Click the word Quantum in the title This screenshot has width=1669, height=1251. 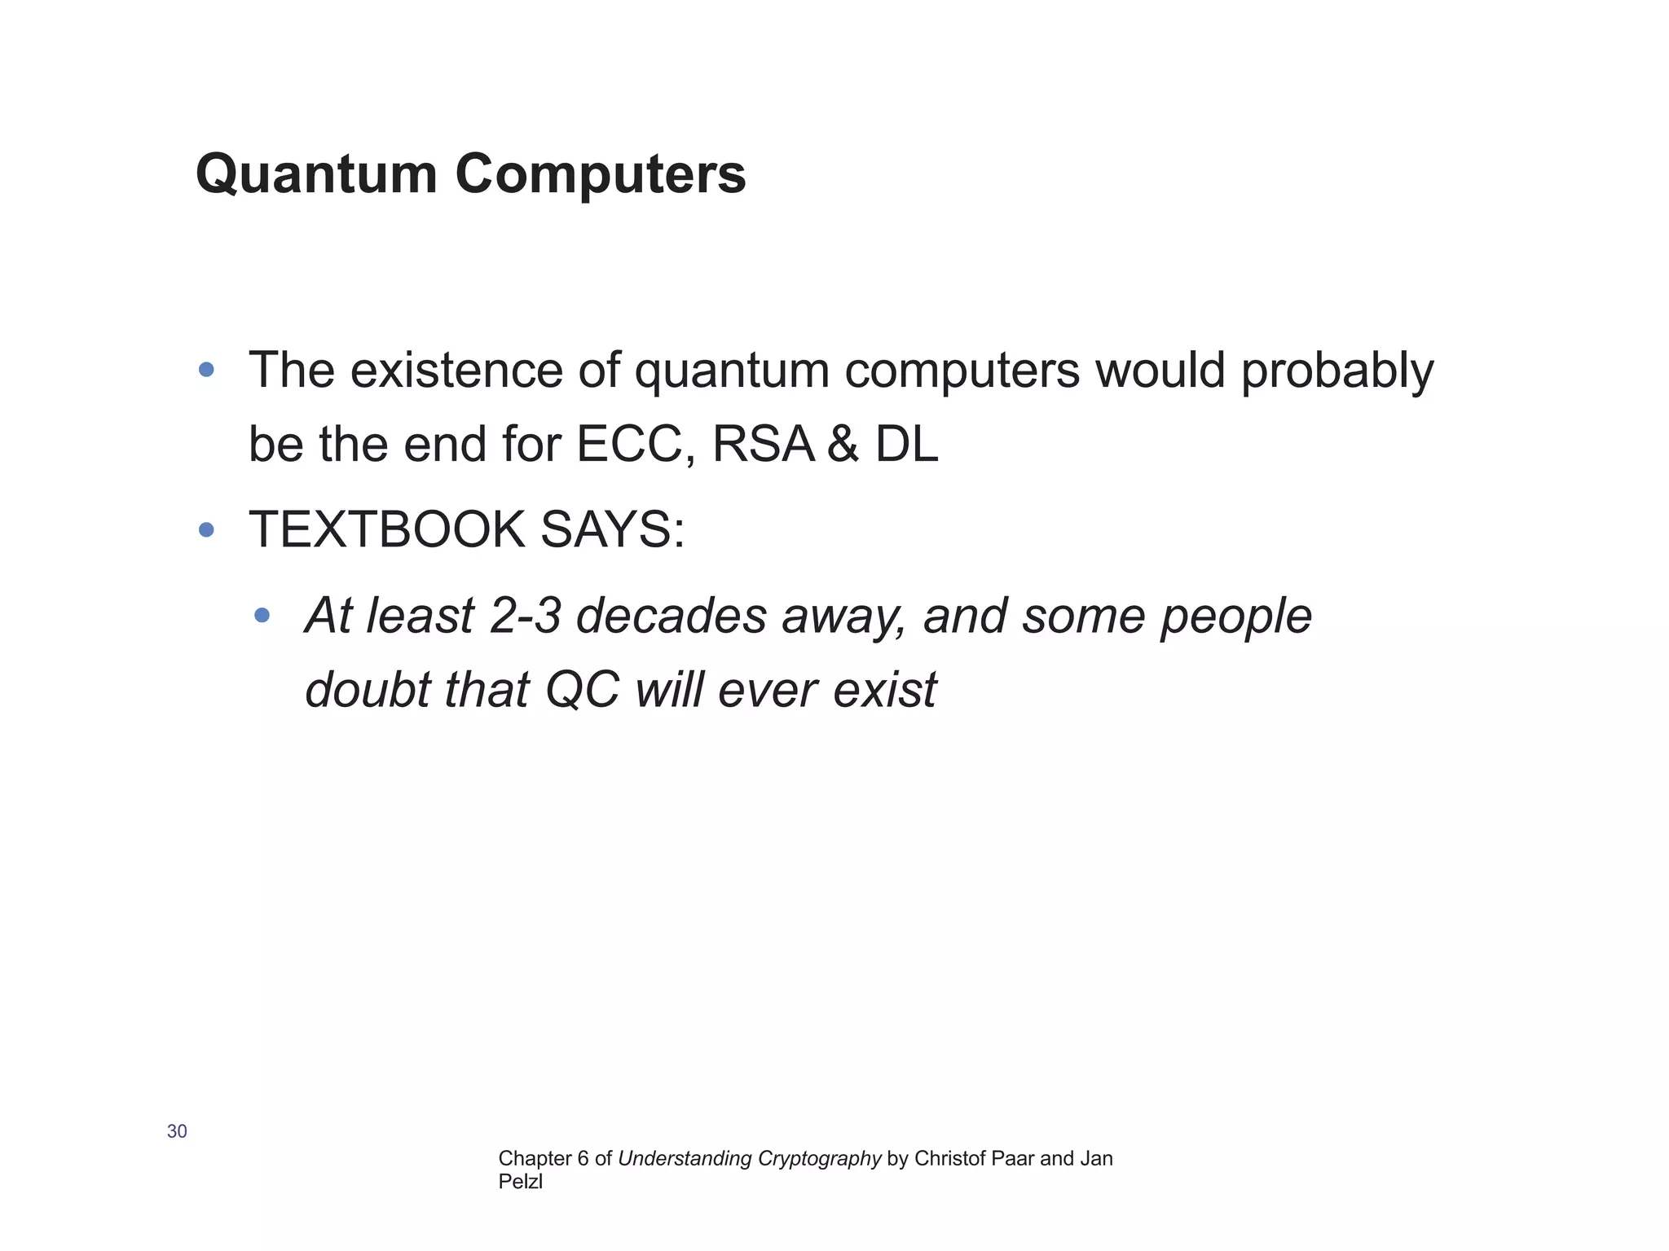(x=316, y=174)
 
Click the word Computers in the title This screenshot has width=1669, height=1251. (x=600, y=174)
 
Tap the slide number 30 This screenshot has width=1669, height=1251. (x=177, y=1131)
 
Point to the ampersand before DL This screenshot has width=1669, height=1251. (x=843, y=445)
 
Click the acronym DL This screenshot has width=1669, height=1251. (x=907, y=445)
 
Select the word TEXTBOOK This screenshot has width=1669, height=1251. (x=386, y=529)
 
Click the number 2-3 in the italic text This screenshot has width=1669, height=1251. (x=526, y=616)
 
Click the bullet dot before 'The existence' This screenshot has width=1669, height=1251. (x=206, y=370)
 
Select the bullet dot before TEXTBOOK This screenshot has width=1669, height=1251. (x=206, y=530)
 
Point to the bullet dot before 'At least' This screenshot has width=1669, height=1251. (x=262, y=615)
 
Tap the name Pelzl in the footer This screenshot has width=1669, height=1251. (x=520, y=1182)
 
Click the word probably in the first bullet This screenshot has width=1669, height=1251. (x=1337, y=371)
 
